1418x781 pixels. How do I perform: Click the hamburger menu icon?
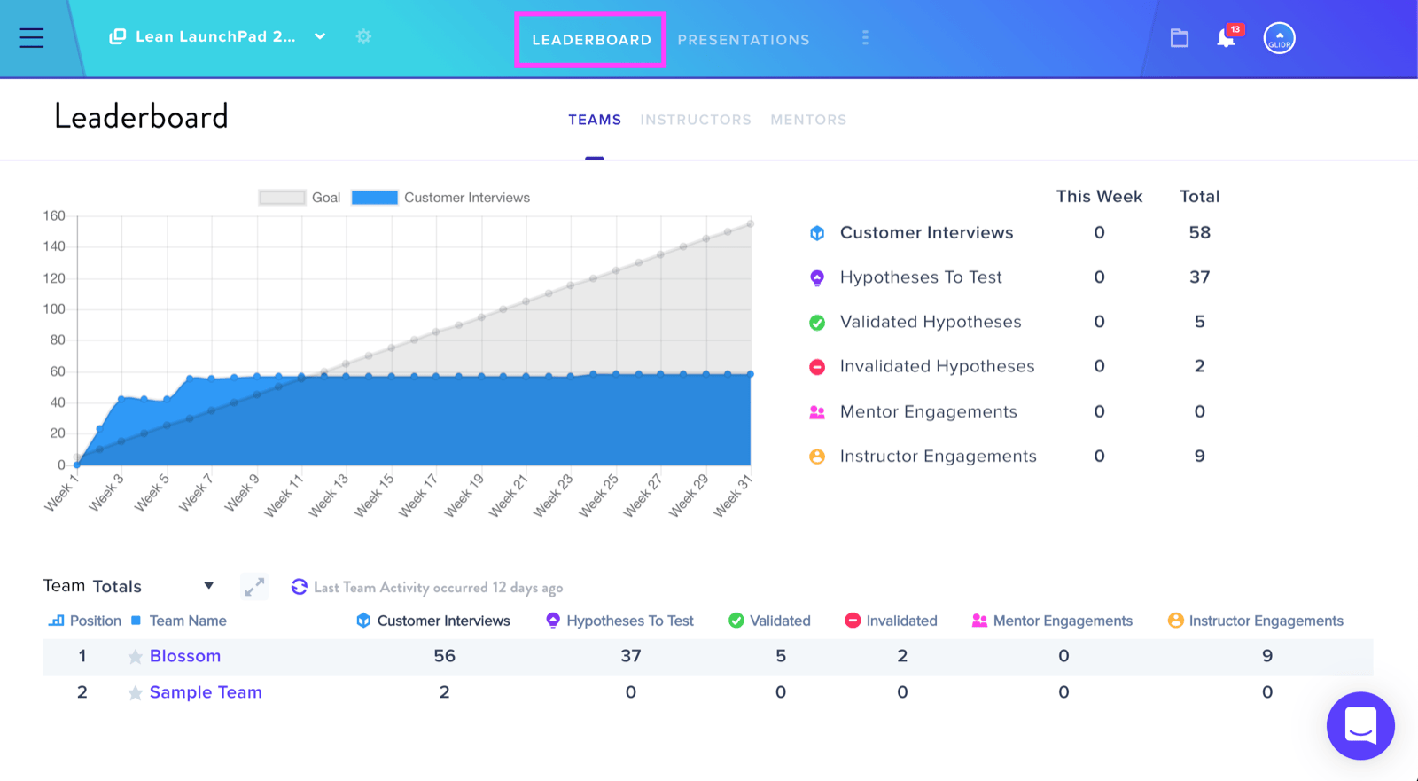[x=32, y=38]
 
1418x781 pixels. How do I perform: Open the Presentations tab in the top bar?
[x=744, y=40]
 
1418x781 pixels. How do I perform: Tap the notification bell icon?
[x=1226, y=38]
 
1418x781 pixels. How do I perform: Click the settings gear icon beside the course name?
[x=363, y=36]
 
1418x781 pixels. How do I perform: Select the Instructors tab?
[x=696, y=120]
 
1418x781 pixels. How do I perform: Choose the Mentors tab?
[x=808, y=120]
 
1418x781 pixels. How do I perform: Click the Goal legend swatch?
[x=282, y=198]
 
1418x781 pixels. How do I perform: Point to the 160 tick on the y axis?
[x=54, y=216]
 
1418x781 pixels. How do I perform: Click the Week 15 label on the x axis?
[x=373, y=496]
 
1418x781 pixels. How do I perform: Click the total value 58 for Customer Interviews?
[x=1199, y=232]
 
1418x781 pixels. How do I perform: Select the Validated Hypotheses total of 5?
[x=1199, y=322]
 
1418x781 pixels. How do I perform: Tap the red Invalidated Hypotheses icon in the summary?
[x=816, y=367]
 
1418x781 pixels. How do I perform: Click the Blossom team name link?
[x=185, y=656]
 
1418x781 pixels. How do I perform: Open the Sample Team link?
[x=206, y=692]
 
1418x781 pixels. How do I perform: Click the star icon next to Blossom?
[x=135, y=656]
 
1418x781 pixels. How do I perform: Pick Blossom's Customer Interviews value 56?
[x=444, y=656]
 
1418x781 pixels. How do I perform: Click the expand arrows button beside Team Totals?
[x=254, y=587]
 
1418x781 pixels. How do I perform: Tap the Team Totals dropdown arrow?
[x=208, y=585]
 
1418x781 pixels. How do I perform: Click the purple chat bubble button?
[x=1360, y=726]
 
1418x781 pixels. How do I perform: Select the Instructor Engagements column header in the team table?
[x=1266, y=621]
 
